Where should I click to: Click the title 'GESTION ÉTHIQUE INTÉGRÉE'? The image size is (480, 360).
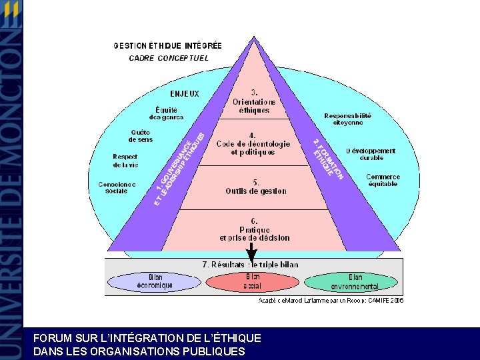click(167, 46)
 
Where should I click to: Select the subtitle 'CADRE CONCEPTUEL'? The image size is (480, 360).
click(169, 58)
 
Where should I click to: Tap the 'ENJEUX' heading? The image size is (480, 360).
click(184, 93)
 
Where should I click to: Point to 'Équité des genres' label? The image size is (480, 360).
click(166, 113)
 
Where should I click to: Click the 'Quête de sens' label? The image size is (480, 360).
click(141, 135)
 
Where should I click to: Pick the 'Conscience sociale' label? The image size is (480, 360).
click(117, 187)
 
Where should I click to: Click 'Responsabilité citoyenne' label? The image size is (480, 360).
click(347, 119)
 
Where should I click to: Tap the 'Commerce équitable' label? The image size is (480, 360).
click(383, 180)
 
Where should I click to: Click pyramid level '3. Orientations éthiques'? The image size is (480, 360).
click(254, 101)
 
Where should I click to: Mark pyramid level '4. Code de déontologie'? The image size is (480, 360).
click(253, 143)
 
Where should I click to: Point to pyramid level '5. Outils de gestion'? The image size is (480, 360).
click(255, 187)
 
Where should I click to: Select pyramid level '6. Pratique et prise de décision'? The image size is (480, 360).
click(255, 229)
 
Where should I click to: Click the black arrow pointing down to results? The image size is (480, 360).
click(251, 252)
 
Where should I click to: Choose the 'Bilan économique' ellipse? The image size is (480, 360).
click(155, 281)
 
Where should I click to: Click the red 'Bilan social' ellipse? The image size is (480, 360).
click(253, 281)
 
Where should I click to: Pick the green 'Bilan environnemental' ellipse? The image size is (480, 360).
click(355, 282)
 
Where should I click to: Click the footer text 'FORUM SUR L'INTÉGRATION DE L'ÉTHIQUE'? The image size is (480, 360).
click(147, 339)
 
